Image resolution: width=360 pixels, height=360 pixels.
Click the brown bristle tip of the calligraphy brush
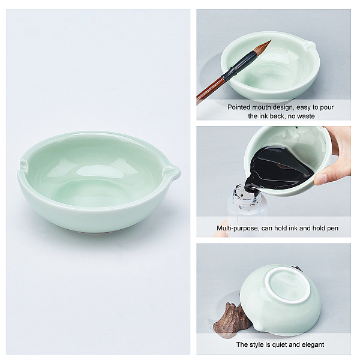coord(263,46)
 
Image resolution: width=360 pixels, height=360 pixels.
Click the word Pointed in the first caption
coord(239,107)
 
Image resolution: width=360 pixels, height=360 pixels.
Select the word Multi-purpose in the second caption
coord(238,228)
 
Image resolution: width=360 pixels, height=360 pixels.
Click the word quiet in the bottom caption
coord(278,344)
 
